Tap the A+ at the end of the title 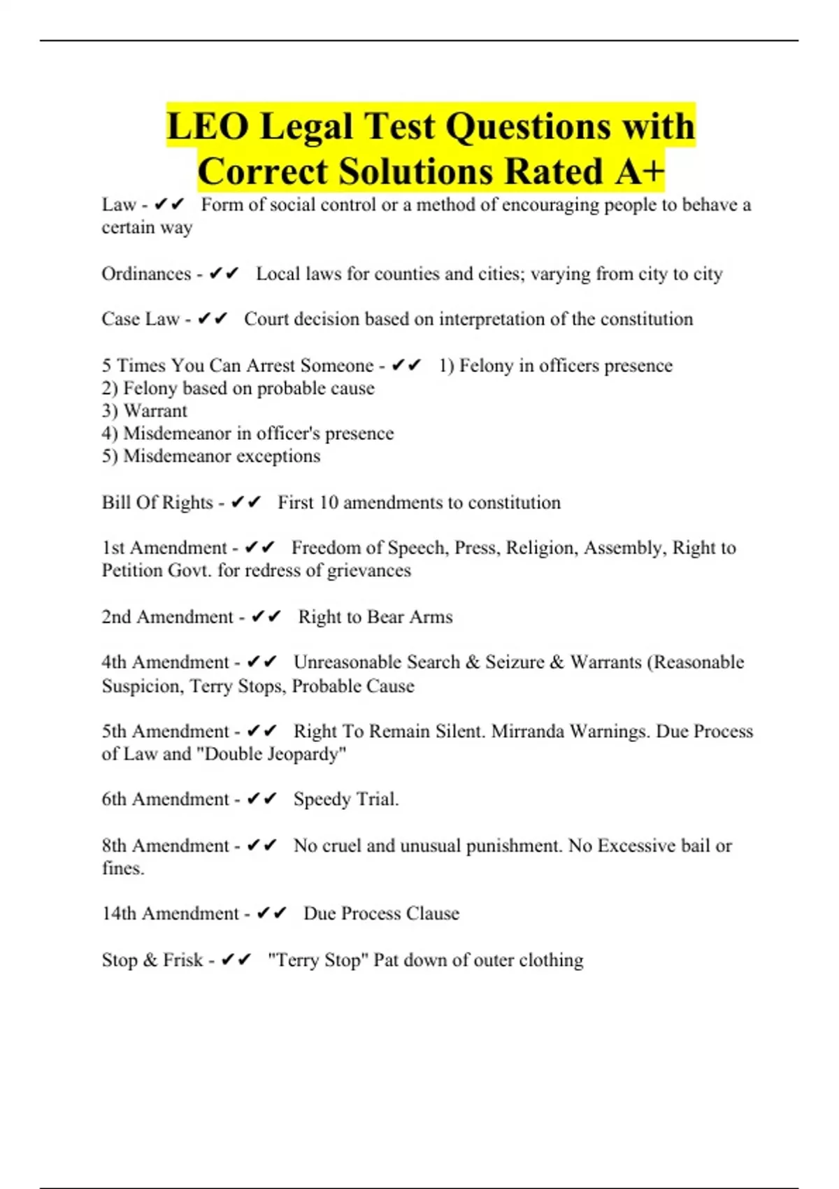pyautogui.click(x=639, y=172)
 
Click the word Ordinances pyautogui.click(x=146, y=273)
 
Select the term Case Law pyautogui.click(x=141, y=319)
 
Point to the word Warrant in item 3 pyautogui.click(x=155, y=411)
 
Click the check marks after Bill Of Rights pyautogui.click(x=246, y=502)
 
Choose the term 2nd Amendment pyautogui.click(x=167, y=617)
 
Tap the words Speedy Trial pyautogui.click(x=345, y=799)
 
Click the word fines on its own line pyautogui.click(x=122, y=869)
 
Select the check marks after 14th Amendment pyautogui.click(x=272, y=913)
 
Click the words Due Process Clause pyautogui.click(x=381, y=913)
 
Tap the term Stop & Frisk pyautogui.click(x=152, y=960)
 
